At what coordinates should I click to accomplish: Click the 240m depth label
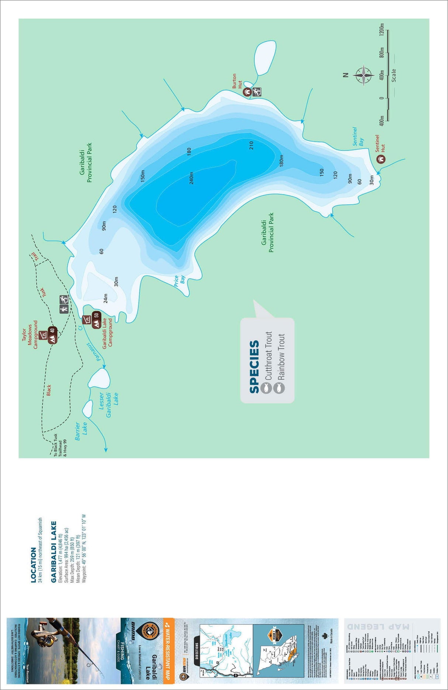[x=191, y=178]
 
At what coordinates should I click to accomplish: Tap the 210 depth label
[x=251, y=145]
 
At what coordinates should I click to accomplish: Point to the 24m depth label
[x=106, y=298]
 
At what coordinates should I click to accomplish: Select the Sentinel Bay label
[x=358, y=137]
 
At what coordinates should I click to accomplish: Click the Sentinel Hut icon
[x=381, y=159]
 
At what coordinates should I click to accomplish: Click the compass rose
[x=364, y=76]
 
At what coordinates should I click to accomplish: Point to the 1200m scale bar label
[x=382, y=30]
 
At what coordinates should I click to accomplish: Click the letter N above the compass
[x=345, y=75]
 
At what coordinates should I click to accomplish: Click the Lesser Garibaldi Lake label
[x=108, y=405]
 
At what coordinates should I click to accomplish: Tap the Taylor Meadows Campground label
[x=30, y=334]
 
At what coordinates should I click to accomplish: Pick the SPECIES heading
[x=254, y=367]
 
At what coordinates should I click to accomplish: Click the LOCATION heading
[x=34, y=565]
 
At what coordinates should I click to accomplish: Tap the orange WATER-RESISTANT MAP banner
[x=168, y=649]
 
